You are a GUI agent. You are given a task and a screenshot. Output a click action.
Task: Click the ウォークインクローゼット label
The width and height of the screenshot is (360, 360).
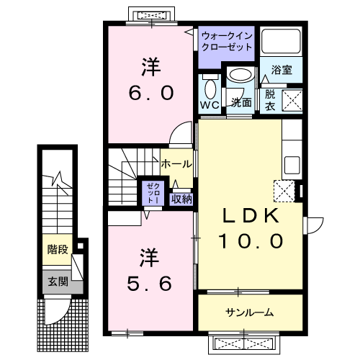[227, 40]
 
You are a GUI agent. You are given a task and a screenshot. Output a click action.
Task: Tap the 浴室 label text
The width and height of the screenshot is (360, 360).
[281, 71]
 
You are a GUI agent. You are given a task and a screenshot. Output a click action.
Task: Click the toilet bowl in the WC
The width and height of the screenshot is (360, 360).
[210, 89]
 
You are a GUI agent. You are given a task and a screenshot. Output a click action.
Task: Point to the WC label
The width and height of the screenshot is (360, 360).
[210, 106]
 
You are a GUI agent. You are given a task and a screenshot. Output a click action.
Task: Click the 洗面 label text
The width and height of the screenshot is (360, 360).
[240, 102]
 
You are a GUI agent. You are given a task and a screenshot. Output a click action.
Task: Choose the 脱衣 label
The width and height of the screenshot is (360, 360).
[270, 99]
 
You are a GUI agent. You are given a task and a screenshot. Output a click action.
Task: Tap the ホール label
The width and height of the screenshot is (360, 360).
[176, 163]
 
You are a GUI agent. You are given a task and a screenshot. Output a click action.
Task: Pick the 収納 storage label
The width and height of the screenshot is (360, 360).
[181, 199]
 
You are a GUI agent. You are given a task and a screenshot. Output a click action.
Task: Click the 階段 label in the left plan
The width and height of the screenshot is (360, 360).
[58, 250]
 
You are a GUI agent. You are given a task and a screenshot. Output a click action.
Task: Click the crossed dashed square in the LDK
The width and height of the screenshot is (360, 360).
[283, 191]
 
